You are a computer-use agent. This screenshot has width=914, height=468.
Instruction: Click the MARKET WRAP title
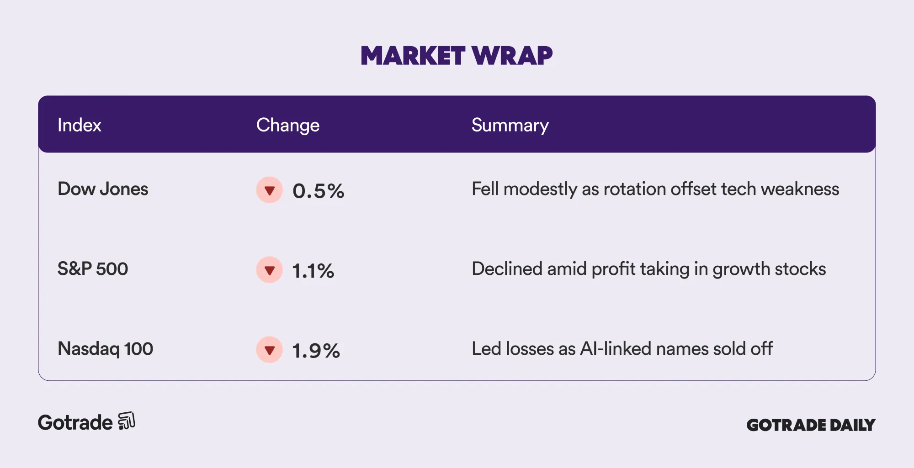457,56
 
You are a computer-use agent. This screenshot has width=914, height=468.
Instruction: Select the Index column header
79,125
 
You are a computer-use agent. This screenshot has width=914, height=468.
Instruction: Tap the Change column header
288,126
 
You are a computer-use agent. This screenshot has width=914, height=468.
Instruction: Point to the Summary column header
510,126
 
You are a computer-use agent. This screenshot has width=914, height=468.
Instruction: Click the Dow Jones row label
103,189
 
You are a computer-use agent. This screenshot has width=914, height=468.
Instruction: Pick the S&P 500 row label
93,269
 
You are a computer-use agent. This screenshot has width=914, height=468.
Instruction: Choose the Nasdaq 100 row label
105,349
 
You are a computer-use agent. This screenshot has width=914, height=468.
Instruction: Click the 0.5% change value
319,191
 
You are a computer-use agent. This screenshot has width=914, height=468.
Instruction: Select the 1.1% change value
313,271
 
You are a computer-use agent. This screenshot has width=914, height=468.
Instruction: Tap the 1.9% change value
316,351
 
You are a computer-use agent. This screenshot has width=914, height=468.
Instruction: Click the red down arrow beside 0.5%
270,190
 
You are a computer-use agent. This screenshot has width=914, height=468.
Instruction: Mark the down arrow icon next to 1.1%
270,270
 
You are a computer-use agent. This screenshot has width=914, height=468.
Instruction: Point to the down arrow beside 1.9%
270,350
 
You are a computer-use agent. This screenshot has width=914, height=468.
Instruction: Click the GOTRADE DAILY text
811,425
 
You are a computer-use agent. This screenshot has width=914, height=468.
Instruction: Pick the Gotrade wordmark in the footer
75,422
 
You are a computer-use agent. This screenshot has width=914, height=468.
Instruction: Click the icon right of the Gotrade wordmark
127,421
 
